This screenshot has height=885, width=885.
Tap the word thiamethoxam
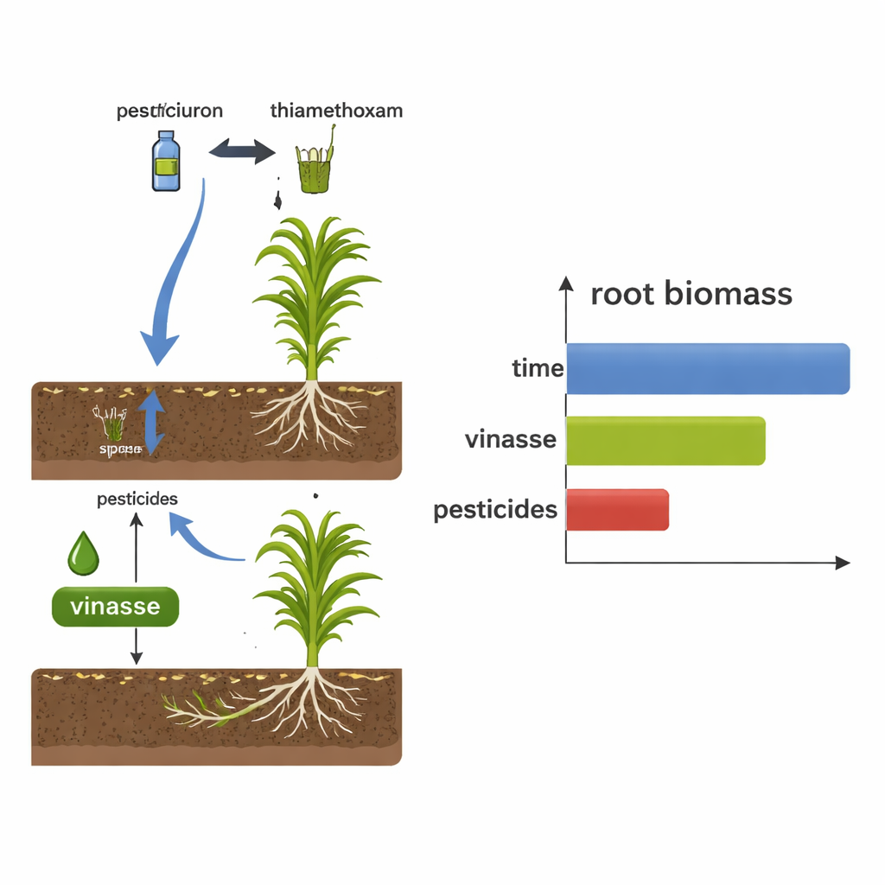click(x=336, y=111)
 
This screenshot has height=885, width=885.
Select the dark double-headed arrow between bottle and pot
click(x=242, y=153)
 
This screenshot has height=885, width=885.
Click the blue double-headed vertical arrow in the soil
click(x=153, y=422)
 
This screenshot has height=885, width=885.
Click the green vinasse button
click(x=115, y=607)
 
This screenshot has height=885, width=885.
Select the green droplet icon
click(x=83, y=553)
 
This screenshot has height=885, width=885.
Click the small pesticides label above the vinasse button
click(x=137, y=500)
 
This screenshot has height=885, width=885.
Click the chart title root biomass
click(x=691, y=294)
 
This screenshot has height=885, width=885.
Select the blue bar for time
click(x=708, y=369)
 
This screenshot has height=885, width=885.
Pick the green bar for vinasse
click(x=665, y=441)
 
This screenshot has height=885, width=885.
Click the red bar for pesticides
click(x=617, y=510)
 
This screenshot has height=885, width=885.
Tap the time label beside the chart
click(x=538, y=369)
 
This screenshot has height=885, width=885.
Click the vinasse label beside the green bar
click(x=510, y=440)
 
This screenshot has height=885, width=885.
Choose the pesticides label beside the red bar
click(x=495, y=510)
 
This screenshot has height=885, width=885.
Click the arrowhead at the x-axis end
click(x=843, y=563)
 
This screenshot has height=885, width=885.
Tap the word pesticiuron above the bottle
click(x=169, y=111)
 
